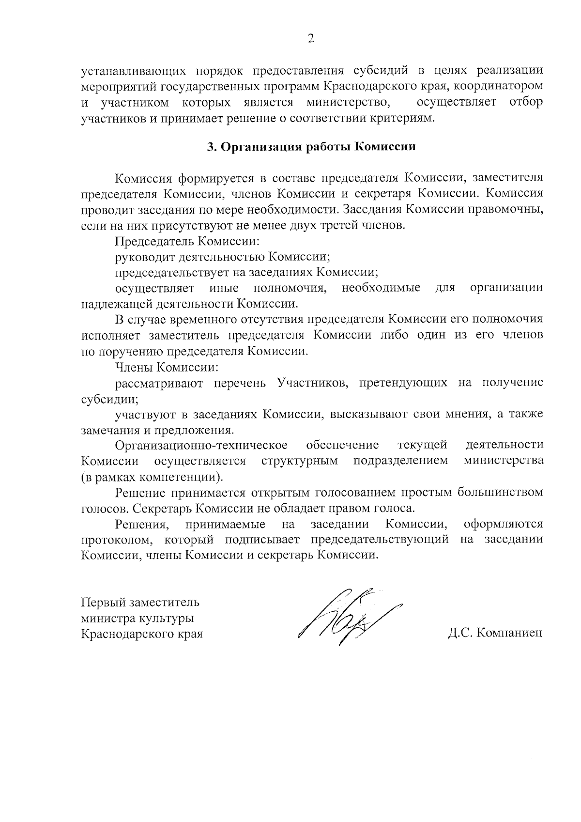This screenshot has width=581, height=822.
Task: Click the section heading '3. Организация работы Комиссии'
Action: point(311,147)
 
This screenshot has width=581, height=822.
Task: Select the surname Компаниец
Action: point(509,633)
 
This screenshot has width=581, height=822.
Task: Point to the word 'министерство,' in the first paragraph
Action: point(349,103)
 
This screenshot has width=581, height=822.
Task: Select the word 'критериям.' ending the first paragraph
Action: point(399,118)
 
